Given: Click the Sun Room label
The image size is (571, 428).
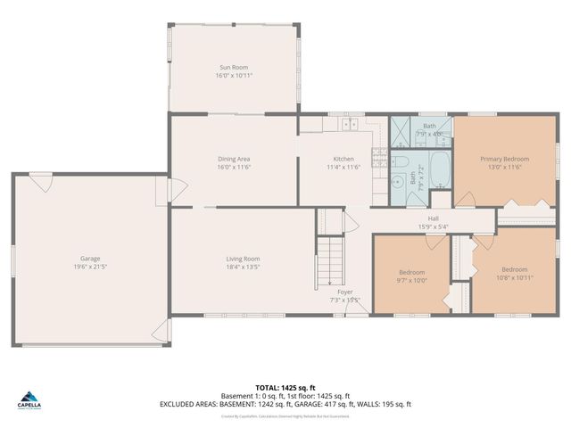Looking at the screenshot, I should click(x=234, y=67).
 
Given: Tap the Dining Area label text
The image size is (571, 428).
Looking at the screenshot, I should click(x=234, y=159).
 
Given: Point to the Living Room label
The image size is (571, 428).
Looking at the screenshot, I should click(x=242, y=259).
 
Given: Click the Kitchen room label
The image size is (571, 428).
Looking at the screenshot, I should click(x=343, y=159).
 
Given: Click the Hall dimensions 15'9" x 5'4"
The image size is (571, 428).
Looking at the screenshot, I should click(x=433, y=226).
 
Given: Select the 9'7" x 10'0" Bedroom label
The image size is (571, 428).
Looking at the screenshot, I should click(x=411, y=272).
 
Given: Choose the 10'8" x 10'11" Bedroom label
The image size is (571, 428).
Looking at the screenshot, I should click(x=514, y=269).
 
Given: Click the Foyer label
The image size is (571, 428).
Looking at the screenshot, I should click(x=344, y=292).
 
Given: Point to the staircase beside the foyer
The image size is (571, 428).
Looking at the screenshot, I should click(x=331, y=259).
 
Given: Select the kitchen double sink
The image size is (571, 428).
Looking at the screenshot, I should click(x=349, y=122).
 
